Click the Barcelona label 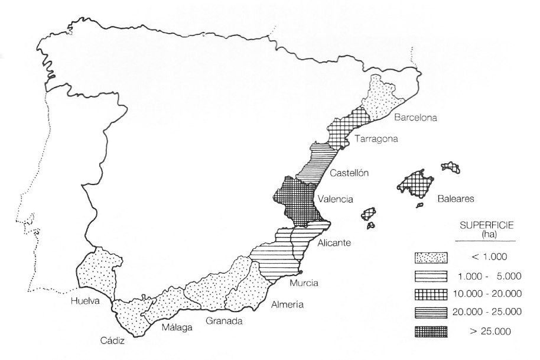click(x=415, y=118)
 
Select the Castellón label click(x=349, y=173)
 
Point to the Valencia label click(x=335, y=199)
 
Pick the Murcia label click(x=304, y=283)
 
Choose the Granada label click(x=224, y=321)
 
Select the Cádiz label click(x=111, y=340)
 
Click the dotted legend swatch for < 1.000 click(x=431, y=257)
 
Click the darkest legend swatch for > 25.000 click(x=431, y=330)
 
